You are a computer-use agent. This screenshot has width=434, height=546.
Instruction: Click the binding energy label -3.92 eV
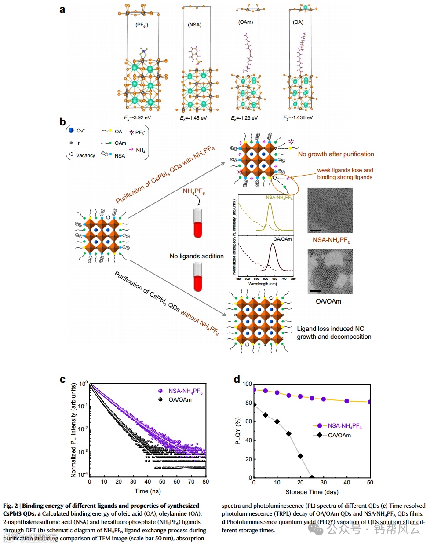[137, 118]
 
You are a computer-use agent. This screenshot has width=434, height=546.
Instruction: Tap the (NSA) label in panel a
[194, 25]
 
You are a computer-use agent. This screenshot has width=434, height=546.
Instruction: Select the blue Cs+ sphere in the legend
[71, 131]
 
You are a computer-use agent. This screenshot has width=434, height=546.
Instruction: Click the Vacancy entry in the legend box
[85, 155]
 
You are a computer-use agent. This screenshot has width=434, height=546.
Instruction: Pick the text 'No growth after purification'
[336, 154]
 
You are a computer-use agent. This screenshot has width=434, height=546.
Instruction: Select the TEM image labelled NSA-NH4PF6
[330, 210]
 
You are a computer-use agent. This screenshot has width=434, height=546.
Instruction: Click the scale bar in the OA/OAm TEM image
[315, 291]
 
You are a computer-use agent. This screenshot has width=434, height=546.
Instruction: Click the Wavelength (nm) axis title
[263, 284]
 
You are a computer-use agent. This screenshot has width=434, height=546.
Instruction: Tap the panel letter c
[62, 380]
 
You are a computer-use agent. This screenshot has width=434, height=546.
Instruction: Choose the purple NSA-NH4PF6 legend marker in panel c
[160, 391]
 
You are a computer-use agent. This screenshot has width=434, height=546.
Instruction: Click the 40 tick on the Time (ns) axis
[148, 482]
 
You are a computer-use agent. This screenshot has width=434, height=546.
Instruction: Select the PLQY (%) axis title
[238, 431]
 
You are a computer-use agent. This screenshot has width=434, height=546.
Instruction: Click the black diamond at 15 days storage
[289, 434]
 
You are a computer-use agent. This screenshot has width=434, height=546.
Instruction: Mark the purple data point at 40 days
[347, 401]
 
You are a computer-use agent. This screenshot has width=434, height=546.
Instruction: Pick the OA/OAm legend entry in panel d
[339, 435]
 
